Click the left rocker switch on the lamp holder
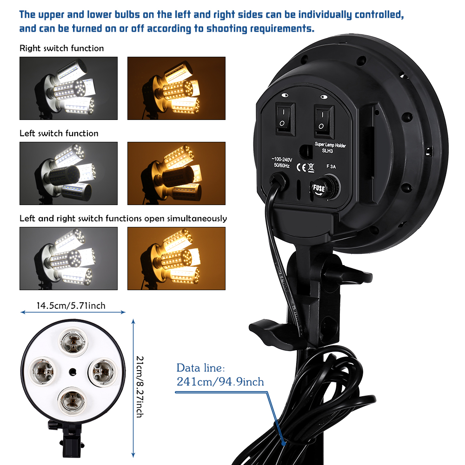pyautogui.click(x=286, y=118)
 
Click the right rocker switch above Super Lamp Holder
pyautogui.click(x=324, y=121)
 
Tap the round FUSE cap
pyautogui.click(x=325, y=188)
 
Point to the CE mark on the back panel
pyautogui.click(x=301, y=167)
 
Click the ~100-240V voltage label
pyautogui.click(x=282, y=159)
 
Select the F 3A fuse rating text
pyautogui.click(x=331, y=166)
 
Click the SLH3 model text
pyautogui.click(x=327, y=151)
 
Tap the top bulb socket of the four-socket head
pyautogui.click(x=73, y=341)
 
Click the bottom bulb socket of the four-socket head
pyautogui.click(x=72, y=401)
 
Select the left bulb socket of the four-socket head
pyautogui.click(x=42, y=371)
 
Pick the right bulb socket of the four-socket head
pyautogui.click(x=103, y=371)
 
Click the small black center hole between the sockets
pyautogui.click(x=73, y=372)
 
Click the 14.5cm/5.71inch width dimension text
pyautogui.click(x=71, y=306)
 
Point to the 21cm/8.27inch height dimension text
pyautogui.click(x=139, y=387)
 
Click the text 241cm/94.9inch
pyautogui.click(x=220, y=382)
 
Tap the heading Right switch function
pyautogui.click(x=62, y=48)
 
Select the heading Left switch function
pyautogui.click(x=59, y=133)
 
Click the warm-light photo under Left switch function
pyautogui.click(x=176, y=173)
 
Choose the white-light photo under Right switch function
pyautogui.click(x=68, y=88)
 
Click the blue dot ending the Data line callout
pyautogui.click(x=284, y=444)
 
